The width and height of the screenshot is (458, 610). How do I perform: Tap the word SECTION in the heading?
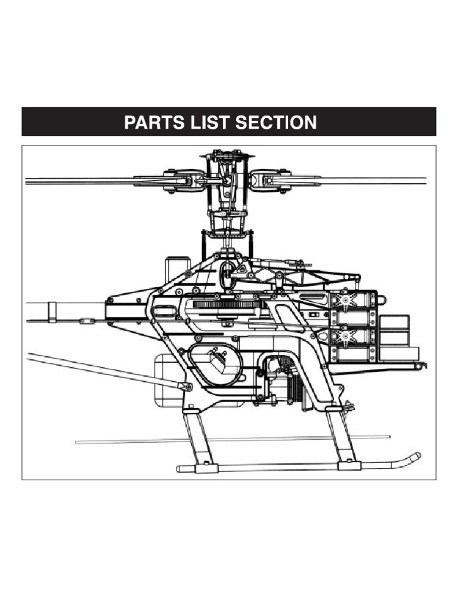coord(276,123)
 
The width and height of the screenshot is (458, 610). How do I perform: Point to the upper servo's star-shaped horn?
coord(345,296)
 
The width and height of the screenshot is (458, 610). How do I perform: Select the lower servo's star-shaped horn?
coord(343,335)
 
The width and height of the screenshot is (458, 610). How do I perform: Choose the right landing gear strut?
coord(342,435)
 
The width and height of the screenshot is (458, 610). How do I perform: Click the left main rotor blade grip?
coord(179,180)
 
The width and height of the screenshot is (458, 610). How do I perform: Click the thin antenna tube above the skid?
coord(233,440)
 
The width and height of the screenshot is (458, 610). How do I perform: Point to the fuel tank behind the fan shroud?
coord(167,381)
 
